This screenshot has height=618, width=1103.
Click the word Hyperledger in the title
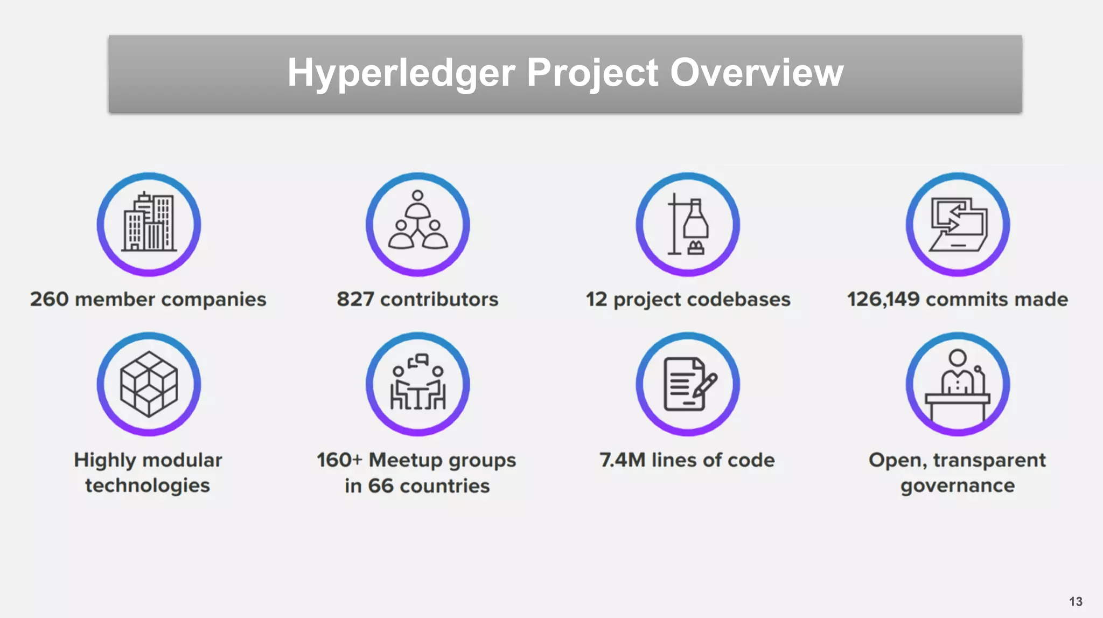tap(401, 73)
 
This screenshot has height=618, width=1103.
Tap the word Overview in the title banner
tap(757, 73)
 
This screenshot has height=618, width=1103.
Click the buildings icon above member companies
tap(149, 224)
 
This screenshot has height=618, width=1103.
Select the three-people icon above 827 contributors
tap(418, 224)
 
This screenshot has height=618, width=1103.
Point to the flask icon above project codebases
tap(688, 224)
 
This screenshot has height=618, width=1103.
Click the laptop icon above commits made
tap(958, 224)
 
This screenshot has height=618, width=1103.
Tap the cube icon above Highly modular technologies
tap(149, 384)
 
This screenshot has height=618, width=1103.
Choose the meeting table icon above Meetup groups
tap(418, 384)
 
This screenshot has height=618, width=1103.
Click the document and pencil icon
tap(688, 384)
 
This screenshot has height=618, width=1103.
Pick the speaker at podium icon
tap(958, 384)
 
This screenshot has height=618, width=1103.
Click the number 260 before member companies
tap(49, 299)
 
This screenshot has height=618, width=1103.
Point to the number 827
tap(355, 299)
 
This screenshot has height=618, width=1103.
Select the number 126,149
tap(883, 299)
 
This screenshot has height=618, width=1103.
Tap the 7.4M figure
tap(622, 460)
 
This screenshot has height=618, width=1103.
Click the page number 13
tap(1076, 601)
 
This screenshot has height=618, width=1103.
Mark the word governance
tap(958, 486)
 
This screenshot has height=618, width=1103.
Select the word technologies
tap(148, 485)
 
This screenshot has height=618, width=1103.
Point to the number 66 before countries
tap(381, 486)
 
